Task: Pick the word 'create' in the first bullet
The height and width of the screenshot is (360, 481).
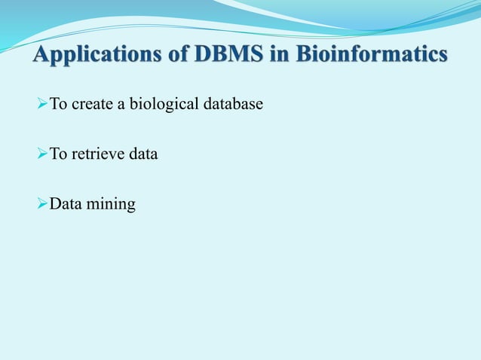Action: [x=90, y=104]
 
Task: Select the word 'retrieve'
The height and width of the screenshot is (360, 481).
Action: [x=94, y=155]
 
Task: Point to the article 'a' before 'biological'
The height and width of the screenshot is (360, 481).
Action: [x=119, y=105]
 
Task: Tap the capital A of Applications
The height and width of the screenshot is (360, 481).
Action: [x=41, y=56]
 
